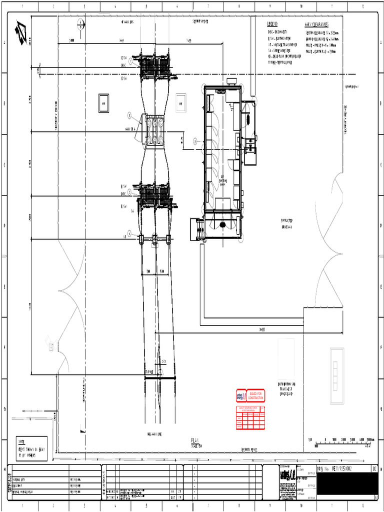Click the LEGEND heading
click(x=272, y=24)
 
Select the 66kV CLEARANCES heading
click(x=316, y=24)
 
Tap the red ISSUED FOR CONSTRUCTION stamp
click(x=255, y=395)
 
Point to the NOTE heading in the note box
click(x=21, y=442)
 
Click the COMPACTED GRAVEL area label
click(x=286, y=223)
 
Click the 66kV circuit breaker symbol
click(x=155, y=129)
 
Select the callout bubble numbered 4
click(x=129, y=233)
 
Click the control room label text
click(x=221, y=179)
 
